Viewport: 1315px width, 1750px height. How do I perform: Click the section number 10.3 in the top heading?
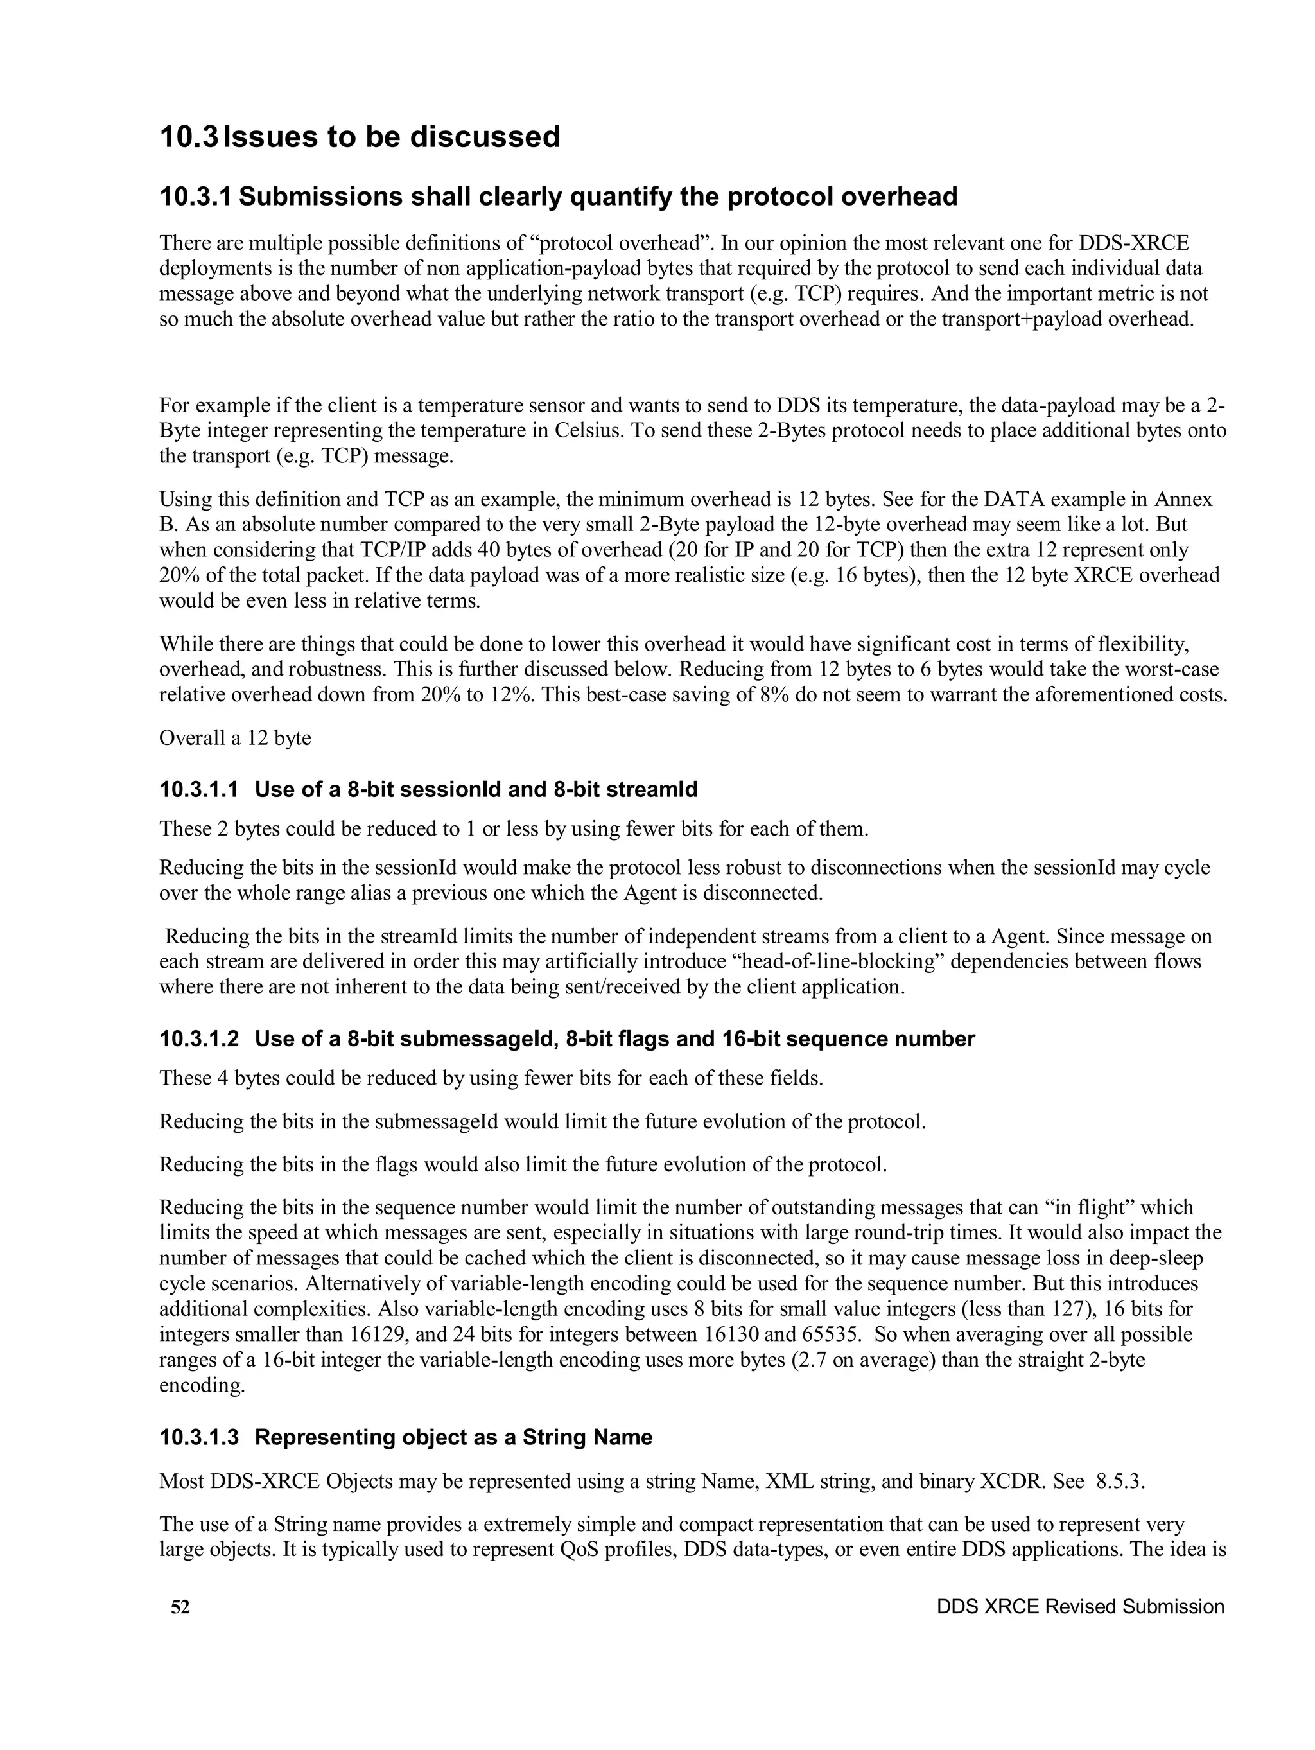[x=188, y=136]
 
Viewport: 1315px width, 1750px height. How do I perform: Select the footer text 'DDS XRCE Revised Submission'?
[x=1080, y=1606]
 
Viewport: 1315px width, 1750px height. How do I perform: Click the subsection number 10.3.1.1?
[x=198, y=789]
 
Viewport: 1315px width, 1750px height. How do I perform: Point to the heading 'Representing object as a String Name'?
[x=453, y=1437]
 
